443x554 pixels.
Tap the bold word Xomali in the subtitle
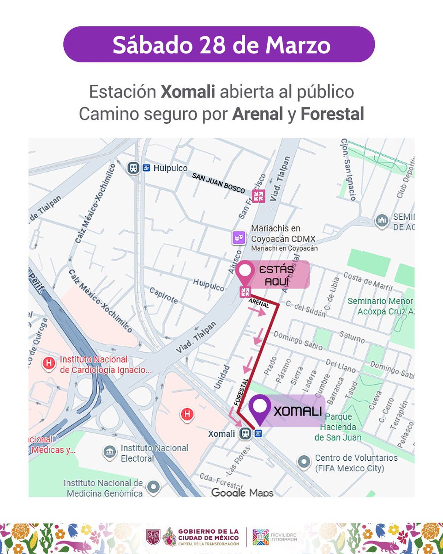[x=188, y=91]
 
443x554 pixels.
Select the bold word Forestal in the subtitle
[x=332, y=114]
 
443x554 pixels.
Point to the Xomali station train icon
[x=246, y=434]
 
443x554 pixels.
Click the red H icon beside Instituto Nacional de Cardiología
[x=48, y=364]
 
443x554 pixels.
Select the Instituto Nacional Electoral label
[x=154, y=453]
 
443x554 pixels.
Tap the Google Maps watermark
[x=242, y=493]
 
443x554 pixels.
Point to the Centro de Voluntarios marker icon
[x=304, y=461]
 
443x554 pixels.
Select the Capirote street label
[x=163, y=295]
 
